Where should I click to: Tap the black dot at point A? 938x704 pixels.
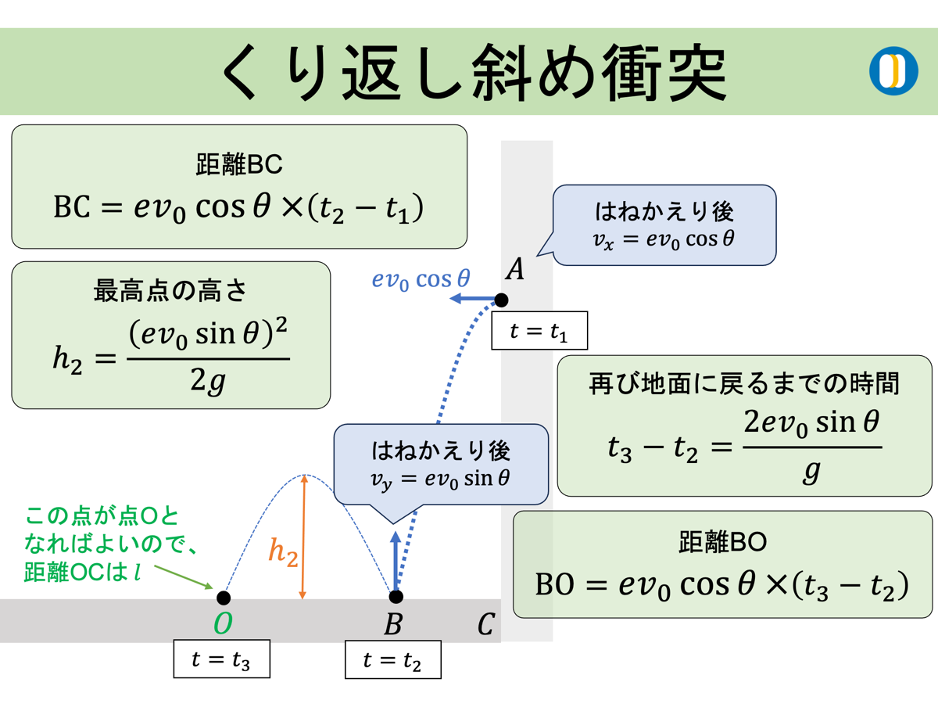(501, 300)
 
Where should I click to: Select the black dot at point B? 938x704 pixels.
(396, 597)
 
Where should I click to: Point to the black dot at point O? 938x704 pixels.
(224, 598)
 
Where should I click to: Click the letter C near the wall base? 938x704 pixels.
(485, 624)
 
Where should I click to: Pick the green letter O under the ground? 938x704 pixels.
(223, 624)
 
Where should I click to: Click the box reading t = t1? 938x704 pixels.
(539, 331)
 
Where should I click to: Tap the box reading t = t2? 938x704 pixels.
(392, 660)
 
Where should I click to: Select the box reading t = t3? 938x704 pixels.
(221, 660)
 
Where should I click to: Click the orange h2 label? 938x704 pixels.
(283, 552)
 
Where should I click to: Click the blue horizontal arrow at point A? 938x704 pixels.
(474, 300)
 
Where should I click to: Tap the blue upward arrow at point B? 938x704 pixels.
(396, 562)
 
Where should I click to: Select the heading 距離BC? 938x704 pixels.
(238, 165)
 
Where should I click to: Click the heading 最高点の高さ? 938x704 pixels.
(170, 291)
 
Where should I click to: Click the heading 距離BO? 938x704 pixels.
(722, 541)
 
